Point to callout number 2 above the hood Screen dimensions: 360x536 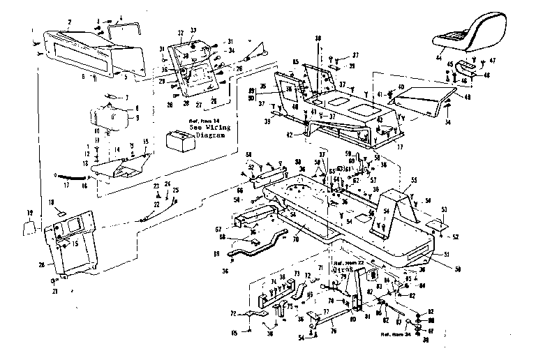click(70, 22)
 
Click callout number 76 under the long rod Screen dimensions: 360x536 click(333, 331)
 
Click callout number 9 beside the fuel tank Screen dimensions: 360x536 click(137, 117)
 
